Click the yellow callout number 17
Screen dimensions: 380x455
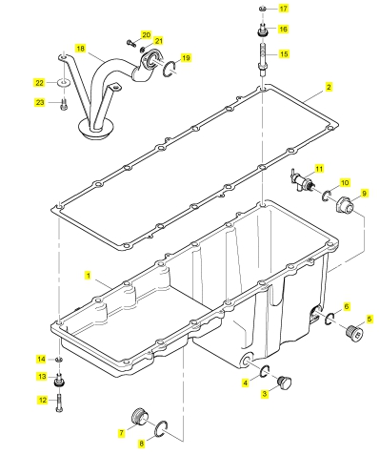click(283, 9)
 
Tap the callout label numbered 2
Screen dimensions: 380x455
click(329, 87)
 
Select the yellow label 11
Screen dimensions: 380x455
click(319, 168)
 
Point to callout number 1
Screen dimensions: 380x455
click(89, 276)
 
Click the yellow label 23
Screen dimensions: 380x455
click(40, 102)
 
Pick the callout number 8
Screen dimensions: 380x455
click(142, 444)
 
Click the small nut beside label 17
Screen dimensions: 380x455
click(263, 8)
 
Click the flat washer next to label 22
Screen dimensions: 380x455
click(64, 83)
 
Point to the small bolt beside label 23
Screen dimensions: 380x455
click(64, 104)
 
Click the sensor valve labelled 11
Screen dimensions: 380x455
click(302, 182)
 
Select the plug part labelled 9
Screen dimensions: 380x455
click(345, 205)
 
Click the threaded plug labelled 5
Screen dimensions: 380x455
click(353, 332)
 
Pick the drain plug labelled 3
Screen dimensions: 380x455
click(284, 383)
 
